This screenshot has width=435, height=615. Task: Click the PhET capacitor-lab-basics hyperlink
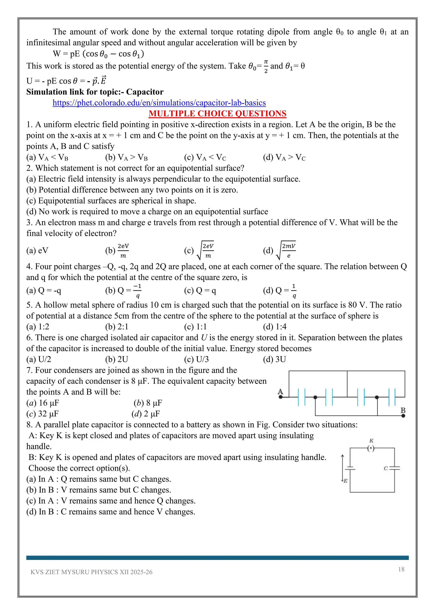coord(159,103)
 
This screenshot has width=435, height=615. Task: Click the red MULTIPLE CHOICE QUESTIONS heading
coord(217,114)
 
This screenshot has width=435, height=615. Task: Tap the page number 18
coord(401,569)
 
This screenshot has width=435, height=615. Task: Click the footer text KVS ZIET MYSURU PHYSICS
coord(91,572)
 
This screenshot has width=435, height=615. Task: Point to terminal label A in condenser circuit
coord(280,392)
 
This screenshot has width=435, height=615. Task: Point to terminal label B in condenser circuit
coord(403,410)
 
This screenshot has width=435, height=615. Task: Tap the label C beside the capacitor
coord(386,468)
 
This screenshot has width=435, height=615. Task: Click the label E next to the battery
coord(346,481)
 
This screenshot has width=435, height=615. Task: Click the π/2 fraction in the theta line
coord(266,66)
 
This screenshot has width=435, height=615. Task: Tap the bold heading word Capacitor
coord(145,92)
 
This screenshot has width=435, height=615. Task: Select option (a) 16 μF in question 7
coord(43,403)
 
